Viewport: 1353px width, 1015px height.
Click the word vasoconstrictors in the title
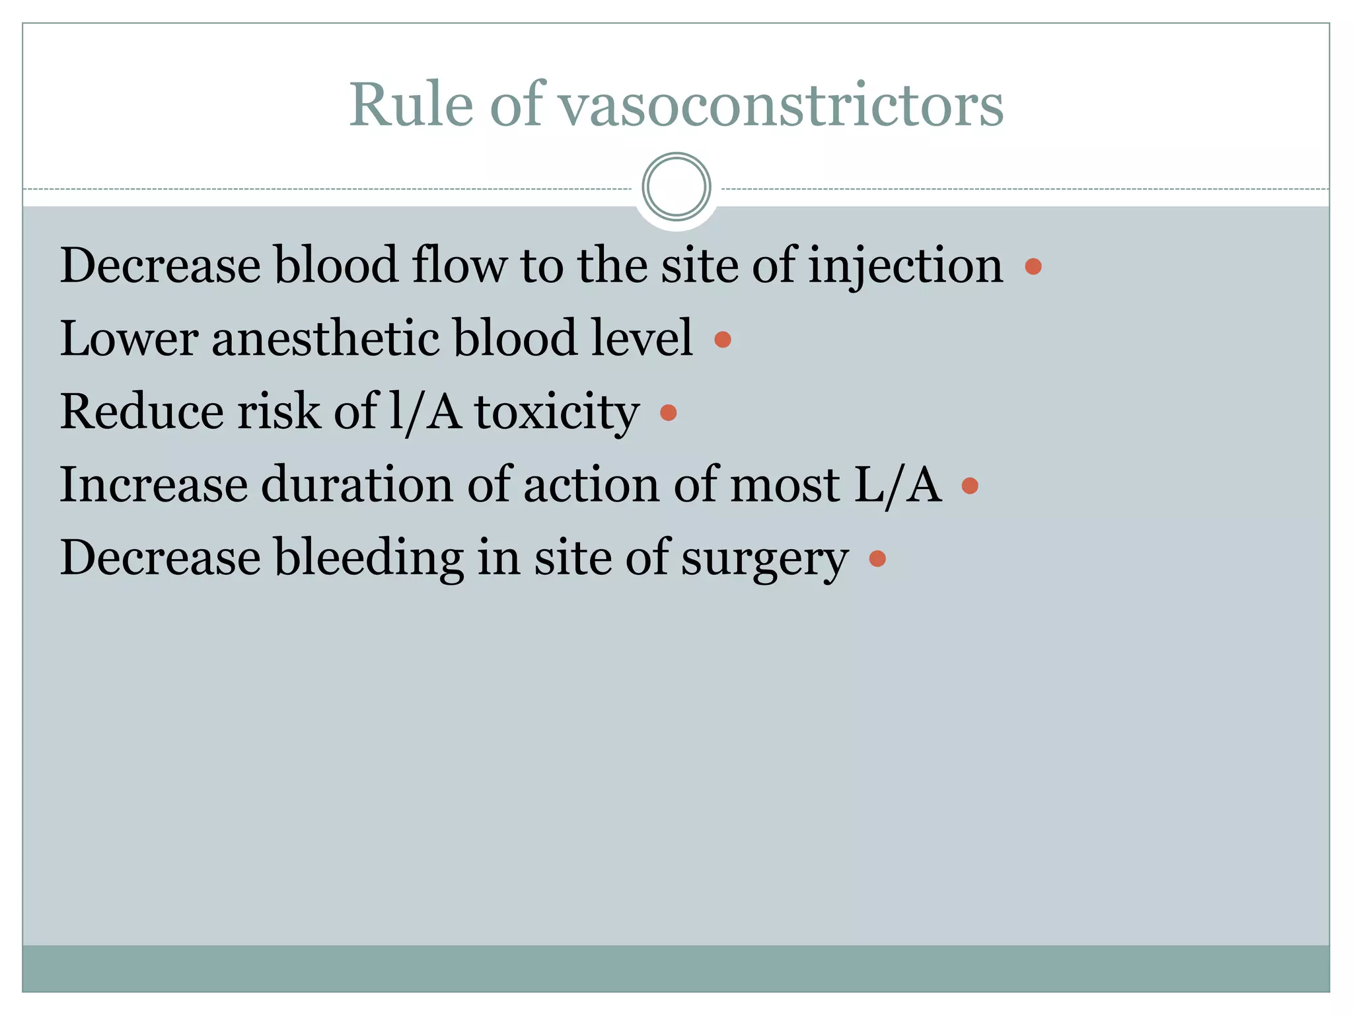pos(782,106)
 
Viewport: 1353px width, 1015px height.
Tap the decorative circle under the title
pos(676,187)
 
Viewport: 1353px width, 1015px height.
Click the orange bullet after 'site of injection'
pos(1033,266)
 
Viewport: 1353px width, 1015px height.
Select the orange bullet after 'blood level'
pos(723,340)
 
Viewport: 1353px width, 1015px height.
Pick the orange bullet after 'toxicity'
pos(669,413)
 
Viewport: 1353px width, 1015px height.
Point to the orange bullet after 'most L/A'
pos(970,486)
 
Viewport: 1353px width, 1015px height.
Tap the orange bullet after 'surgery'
pos(877,559)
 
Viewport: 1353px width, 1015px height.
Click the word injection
pos(906,266)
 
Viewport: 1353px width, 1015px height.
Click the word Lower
pos(129,339)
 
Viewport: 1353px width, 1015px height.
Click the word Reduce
pos(142,412)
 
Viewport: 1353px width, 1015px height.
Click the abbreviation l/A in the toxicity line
pos(425,412)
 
